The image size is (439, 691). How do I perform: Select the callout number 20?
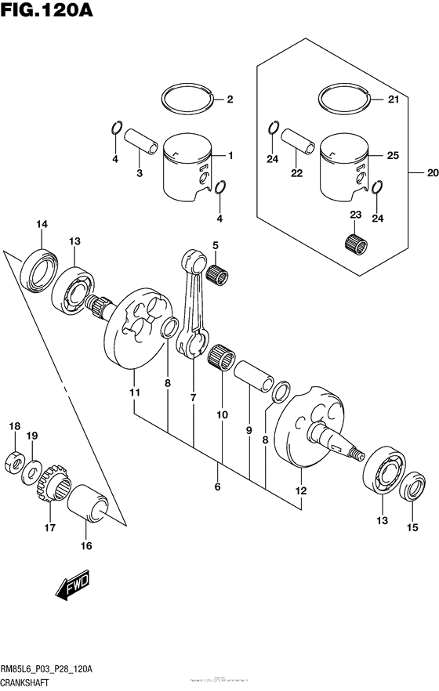click(431, 174)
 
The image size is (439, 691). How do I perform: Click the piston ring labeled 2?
click(187, 99)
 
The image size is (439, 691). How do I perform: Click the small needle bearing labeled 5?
click(217, 274)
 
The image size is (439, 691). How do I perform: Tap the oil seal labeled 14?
click(38, 269)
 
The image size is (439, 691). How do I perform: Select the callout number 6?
click(218, 487)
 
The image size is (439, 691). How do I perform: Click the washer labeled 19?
click(31, 472)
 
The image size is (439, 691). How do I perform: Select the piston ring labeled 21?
click(346, 99)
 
